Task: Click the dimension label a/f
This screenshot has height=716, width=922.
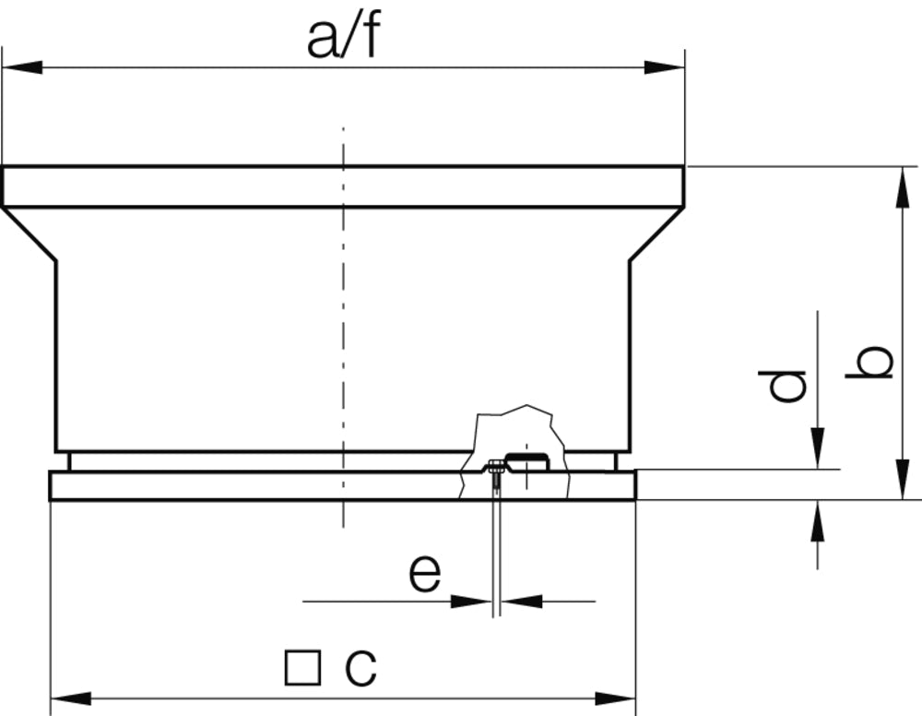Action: (342, 39)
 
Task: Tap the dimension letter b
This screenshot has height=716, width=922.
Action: (870, 363)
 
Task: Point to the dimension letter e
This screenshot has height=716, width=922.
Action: (425, 574)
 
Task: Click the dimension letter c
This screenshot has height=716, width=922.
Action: (361, 666)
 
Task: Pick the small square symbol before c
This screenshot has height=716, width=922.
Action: (302, 667)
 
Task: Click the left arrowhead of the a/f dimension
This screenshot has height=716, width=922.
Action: (22, 67)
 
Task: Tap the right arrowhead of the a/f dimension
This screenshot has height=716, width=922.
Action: (665, 67)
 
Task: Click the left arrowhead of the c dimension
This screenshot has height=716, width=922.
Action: (70, 698)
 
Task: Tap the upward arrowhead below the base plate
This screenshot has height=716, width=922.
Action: (817, 521)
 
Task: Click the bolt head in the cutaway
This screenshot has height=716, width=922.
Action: (496, 465)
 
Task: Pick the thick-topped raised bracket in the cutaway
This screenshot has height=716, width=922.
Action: (527, 459)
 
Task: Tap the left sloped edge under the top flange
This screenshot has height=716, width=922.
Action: (30, 234)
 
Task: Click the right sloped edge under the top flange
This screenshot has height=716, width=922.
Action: (656, 234)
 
